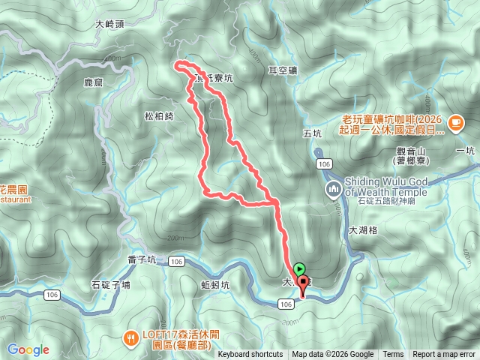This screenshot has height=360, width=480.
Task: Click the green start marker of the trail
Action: (x=299, y=268)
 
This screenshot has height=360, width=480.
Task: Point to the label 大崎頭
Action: (x=110, y=24)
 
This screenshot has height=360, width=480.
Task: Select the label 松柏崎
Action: (x=159, y=115)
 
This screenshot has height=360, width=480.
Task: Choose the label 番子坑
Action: (x=142, y=260)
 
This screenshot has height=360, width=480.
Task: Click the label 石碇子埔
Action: (x=111, y=284)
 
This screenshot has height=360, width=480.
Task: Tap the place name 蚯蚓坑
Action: (x=215, y=285)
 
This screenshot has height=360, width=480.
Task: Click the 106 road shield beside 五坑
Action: (x=323, y=163)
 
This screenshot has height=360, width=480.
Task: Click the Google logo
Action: (x=28, y=349)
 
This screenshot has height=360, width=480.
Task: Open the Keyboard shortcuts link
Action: (x=250, y=355)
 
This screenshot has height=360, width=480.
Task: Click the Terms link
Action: (x=393, y=355)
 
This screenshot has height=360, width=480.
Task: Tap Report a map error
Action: (x=445, y=355)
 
